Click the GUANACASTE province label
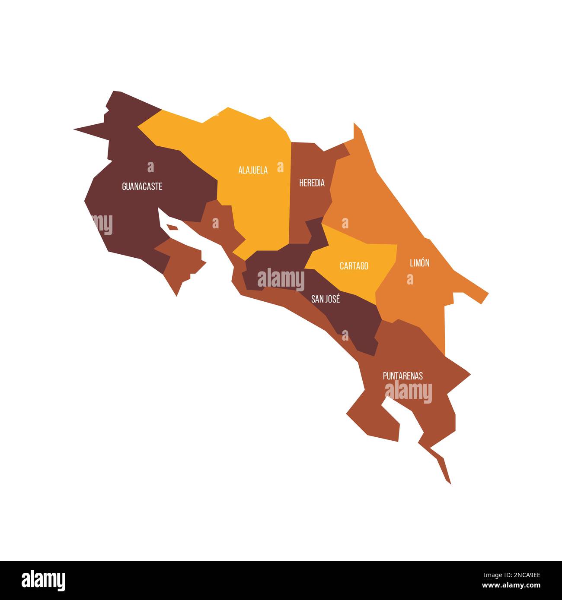(142, 186)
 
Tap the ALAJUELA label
(253, 170)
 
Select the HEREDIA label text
(312, 183)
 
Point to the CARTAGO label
(354, 266)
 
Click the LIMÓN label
(419, 263)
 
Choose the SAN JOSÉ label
(326, 299)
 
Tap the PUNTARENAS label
(402, 376)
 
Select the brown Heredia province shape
(308, 203)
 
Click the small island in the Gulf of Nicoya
(172, 227)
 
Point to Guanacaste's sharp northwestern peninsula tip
(75, 129)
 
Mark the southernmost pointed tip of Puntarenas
(450, 483)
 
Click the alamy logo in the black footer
(44, 580)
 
